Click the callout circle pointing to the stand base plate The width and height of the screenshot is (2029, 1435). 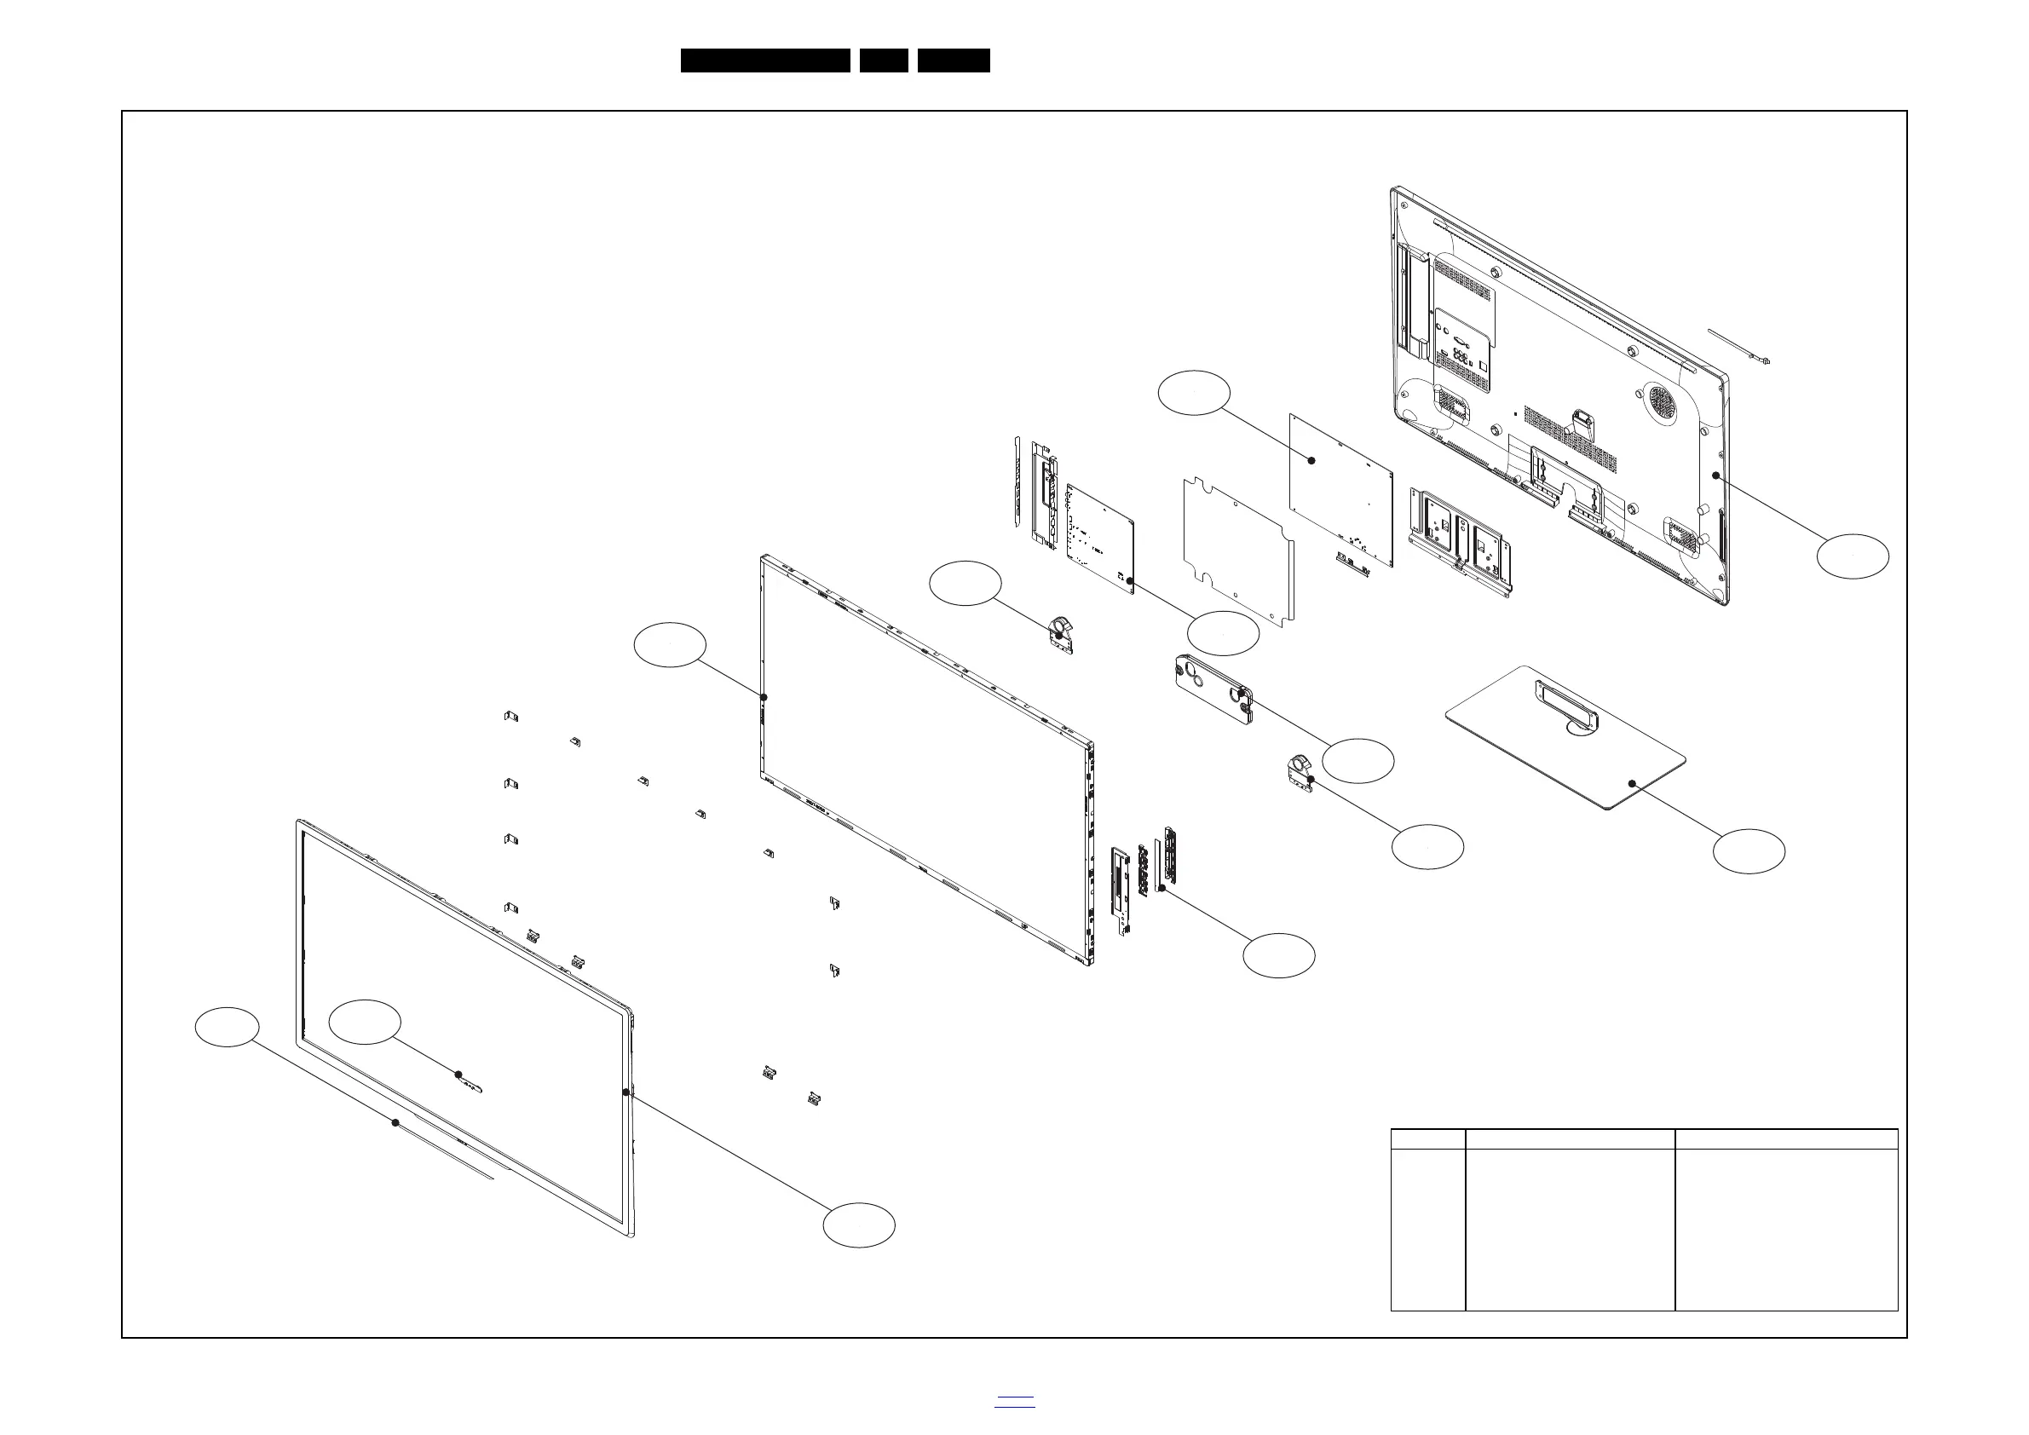click(x=1748, y=851)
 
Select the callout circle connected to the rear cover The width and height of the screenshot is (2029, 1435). click(x=1853, y=556)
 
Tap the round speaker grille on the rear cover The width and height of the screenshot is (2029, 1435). click(x=1661, y=401)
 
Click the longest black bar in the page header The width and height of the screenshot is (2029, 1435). click(x=765, y=61)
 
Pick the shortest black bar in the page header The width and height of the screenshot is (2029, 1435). click(x=884, y=61)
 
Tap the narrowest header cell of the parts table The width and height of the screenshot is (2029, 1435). click(x=1428, y=1138)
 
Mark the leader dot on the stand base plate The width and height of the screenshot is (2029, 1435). click(x=1632, y=784)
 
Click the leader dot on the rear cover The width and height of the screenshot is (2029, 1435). click(x=1715, y=475)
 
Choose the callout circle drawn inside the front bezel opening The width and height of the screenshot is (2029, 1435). click(x=364, y=1022)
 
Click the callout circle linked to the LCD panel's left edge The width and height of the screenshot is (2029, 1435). click(x=670, y=645)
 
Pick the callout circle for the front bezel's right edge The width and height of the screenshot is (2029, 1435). click(x=858, y=1225)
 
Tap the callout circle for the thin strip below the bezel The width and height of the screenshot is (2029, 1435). click(x=228, y=1027)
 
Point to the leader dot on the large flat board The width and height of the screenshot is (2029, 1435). click(x=1311, y=460)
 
